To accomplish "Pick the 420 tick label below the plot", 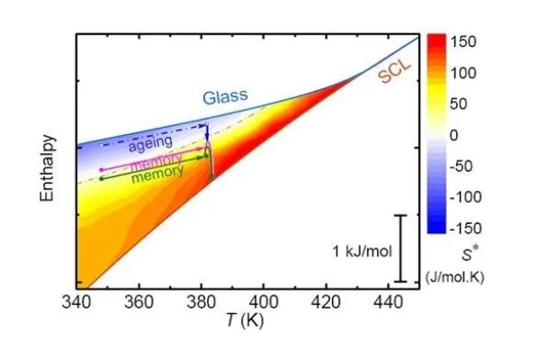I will (x=326, y=302).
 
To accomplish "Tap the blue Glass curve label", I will (x=226, y=96).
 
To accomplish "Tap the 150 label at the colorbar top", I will (x=462, y=41).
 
